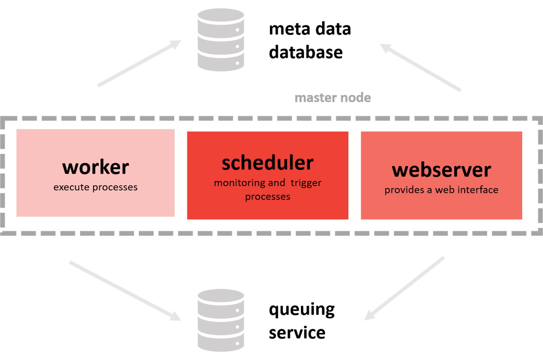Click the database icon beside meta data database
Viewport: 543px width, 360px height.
221,40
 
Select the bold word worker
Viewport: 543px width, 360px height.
95,167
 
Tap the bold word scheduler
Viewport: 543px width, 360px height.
267,163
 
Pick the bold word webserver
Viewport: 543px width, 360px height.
441,170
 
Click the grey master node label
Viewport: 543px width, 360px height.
333,98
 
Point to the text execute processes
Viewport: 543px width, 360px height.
95,187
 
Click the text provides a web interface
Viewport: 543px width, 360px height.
441,190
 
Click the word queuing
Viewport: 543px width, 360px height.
301,311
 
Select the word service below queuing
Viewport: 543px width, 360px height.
297,332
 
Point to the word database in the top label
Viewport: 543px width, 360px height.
305,52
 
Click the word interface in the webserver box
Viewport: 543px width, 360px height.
477,190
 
